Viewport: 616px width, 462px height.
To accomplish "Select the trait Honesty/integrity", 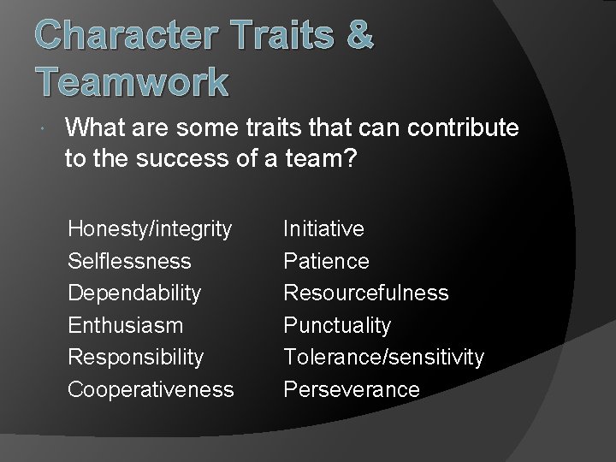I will click(x=150, y=229).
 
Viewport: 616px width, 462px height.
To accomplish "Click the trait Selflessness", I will click(x=129, y=261).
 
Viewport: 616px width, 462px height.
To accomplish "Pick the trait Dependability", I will click(x=134, y=293).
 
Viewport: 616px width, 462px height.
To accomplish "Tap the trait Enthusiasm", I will click(x=125, y=325).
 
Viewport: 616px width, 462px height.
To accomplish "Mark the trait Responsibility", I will click(x=135, y=357).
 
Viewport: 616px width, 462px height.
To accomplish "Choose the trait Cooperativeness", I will click(x=151, y=389).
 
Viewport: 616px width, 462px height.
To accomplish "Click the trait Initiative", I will click(x=323, y=229).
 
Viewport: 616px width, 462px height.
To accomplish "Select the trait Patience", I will click(x=326, y=261).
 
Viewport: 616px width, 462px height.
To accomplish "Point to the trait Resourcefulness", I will click(x=365, y=293).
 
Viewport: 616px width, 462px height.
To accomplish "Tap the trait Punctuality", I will click(x=336, y=325).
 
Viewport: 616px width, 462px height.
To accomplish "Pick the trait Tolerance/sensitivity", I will click(x=383, y=357).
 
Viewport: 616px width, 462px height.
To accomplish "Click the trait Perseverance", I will click(x=352, y=389).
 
